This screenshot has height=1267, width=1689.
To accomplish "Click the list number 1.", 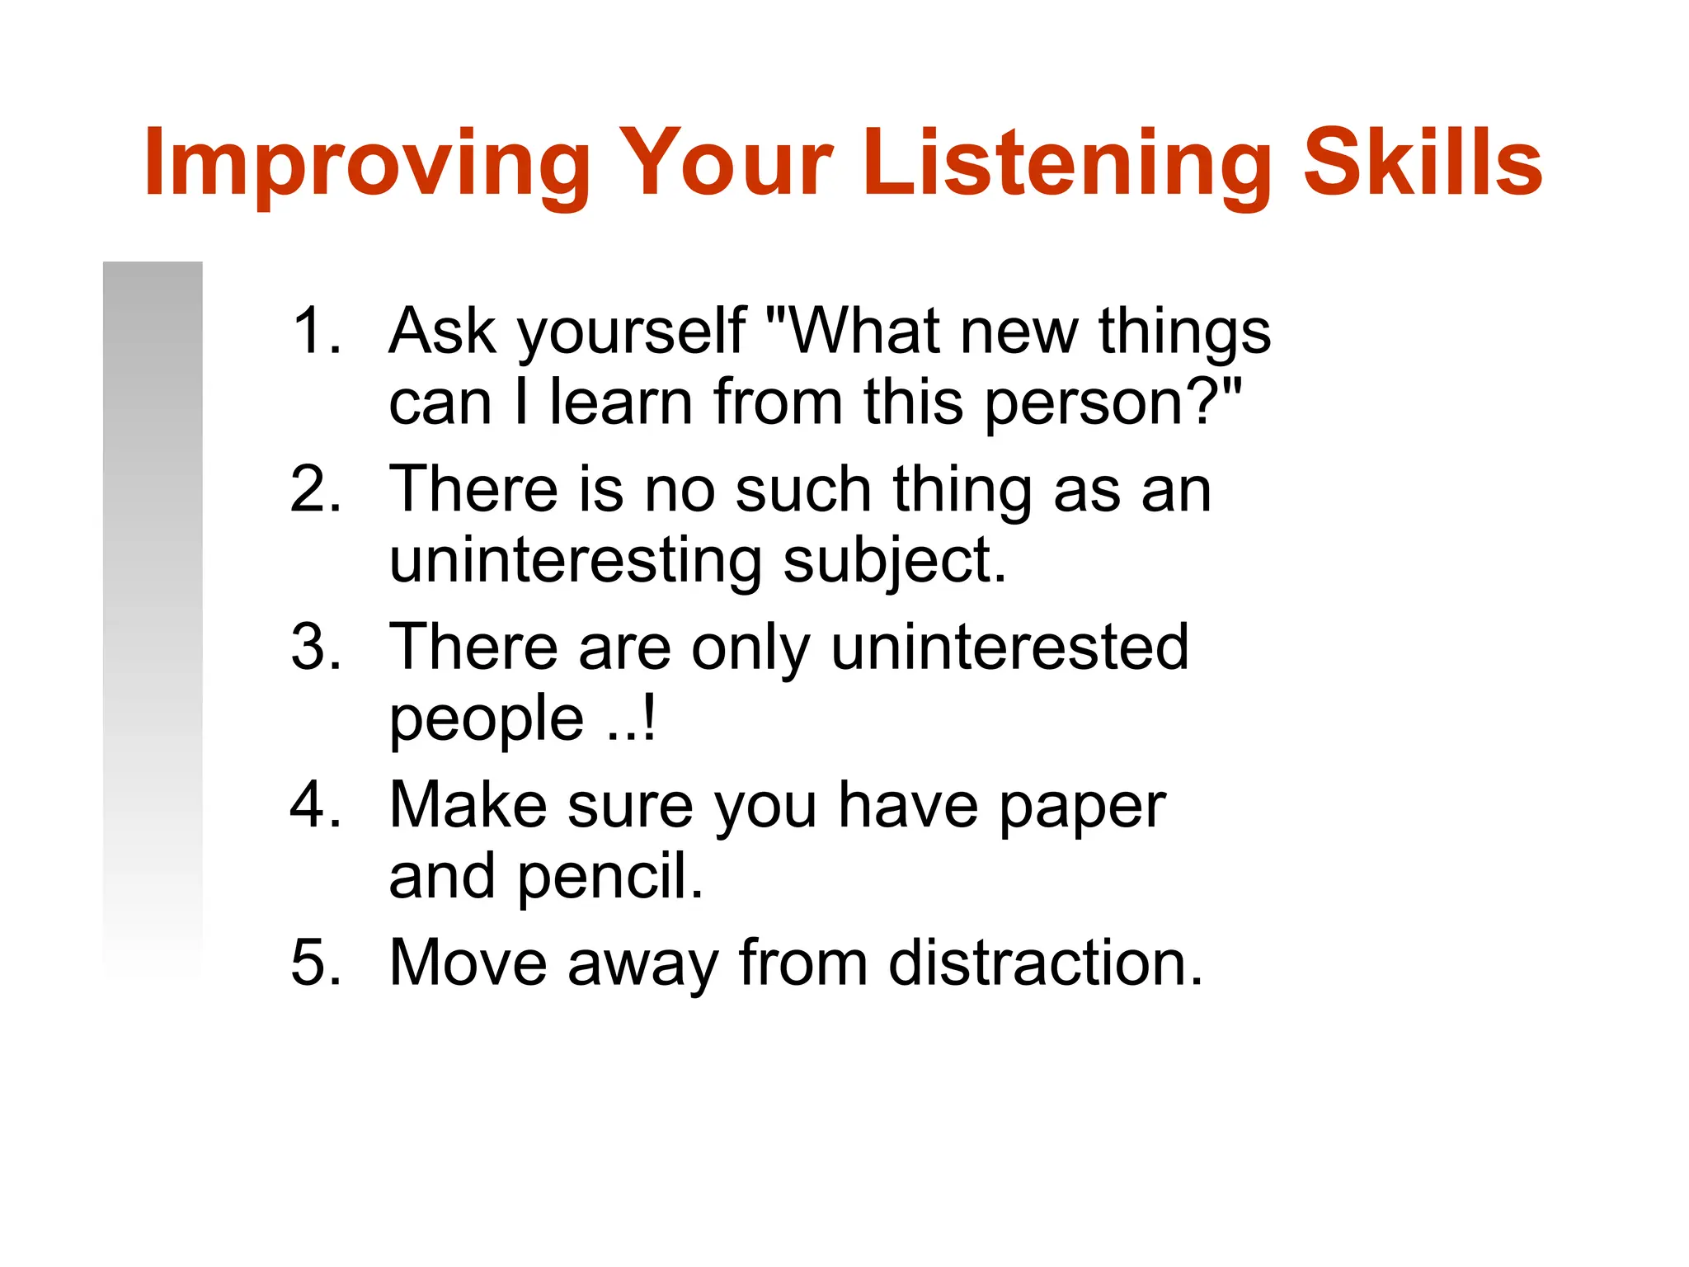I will (315, 331).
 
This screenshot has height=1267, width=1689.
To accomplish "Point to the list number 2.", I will (315, 489).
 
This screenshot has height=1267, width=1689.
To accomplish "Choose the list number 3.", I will (315, 647).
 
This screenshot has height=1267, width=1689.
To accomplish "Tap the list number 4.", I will (315, 805).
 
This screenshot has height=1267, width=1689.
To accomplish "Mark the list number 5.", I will (315, 963).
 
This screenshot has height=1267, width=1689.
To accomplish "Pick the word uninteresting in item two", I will (575, 561).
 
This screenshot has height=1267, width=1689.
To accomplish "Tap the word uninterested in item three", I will (1009, 647).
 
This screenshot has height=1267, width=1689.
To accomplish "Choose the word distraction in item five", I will (1044, 963).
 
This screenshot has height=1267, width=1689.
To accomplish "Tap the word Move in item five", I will (468, 963).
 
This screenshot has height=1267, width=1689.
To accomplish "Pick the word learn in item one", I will (621, 403).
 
